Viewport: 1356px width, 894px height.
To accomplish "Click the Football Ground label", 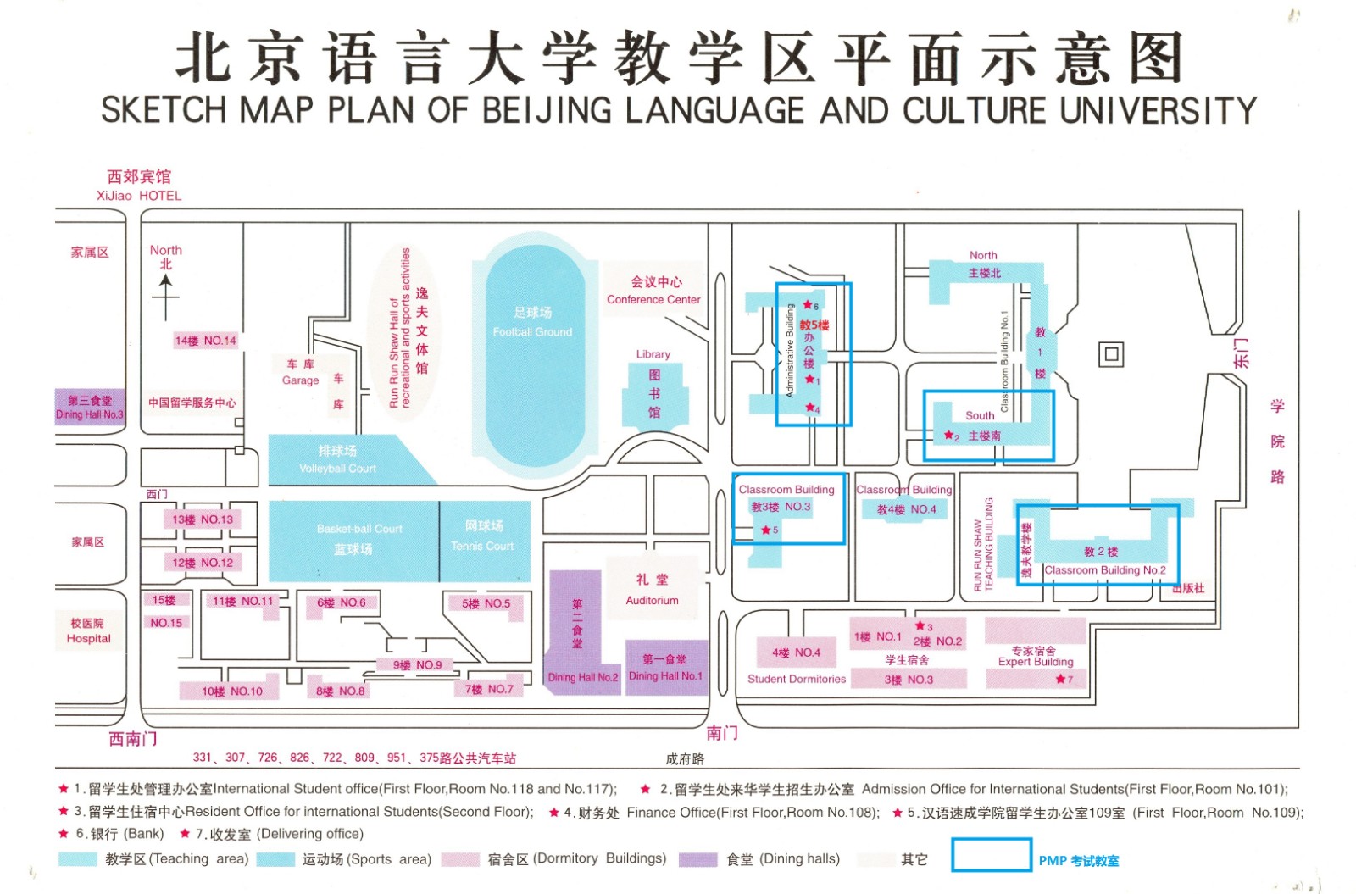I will pos(532,331).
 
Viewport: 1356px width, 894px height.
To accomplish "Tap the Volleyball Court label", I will pos(337,468).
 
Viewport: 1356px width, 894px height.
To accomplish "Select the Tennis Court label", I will pos(482,546).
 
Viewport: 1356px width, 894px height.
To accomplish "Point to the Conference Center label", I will pos(653,299).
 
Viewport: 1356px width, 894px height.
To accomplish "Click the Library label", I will pos(653,354).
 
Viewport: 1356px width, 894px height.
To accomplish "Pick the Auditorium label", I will pos(652,600).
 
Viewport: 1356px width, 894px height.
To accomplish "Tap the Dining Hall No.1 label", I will pos(665,675).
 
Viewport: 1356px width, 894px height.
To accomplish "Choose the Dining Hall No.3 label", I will pos(89,414).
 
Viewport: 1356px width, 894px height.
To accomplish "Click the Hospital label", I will pos(88,638).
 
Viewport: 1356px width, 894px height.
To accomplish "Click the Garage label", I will pos(300,380).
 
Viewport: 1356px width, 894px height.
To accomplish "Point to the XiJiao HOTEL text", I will pos(138,196).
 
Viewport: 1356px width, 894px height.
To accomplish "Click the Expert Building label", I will pos(1035,662).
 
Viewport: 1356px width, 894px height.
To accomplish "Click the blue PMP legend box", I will pos(991,854).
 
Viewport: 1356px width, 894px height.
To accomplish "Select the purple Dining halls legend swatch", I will pos(697,859).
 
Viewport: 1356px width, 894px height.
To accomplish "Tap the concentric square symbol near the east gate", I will pos(1111,354).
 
